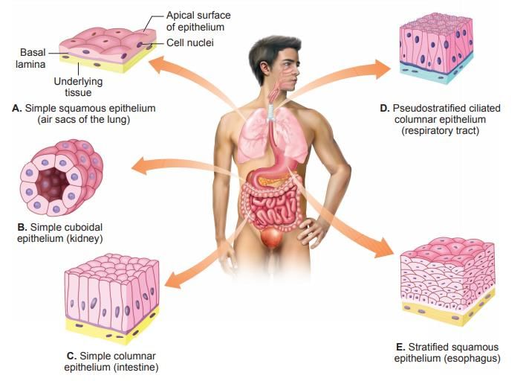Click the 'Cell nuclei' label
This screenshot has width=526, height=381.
click(x=190, y=42)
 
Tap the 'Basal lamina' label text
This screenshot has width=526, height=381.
click(x=30, y=58)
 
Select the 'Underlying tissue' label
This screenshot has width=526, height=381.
click(x=78, y=86)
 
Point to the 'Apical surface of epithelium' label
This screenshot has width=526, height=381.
click(x=198, y=21)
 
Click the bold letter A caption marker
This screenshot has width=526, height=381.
click(x=17, y=108)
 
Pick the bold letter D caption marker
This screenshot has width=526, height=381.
click(x=385, y=108)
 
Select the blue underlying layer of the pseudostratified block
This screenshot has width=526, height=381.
click(x=436, y=73)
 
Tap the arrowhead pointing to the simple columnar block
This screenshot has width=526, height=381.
click(x=174, y=280)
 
